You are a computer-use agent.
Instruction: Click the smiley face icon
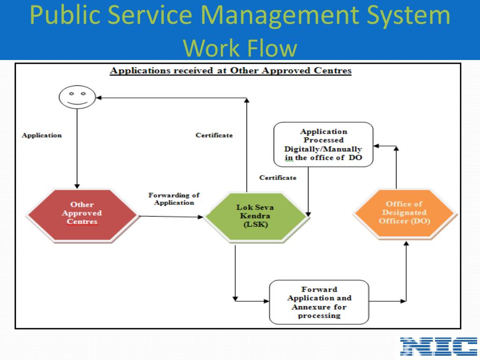[77, 97]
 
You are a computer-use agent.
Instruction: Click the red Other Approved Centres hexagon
[82, 214]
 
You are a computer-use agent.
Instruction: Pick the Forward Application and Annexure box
[319, 302]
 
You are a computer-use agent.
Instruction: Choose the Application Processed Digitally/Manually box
[323, 144]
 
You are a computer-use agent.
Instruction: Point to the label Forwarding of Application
[174, 199]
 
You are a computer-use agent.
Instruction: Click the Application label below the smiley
[42, 135]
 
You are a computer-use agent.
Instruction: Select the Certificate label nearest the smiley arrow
[214, 135]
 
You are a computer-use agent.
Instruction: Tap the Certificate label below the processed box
[278, 178]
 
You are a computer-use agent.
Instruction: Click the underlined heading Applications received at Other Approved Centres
[230, 71]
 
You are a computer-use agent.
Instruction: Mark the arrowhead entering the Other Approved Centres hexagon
[77, 186]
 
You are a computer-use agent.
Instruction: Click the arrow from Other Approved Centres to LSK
[171, 217]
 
